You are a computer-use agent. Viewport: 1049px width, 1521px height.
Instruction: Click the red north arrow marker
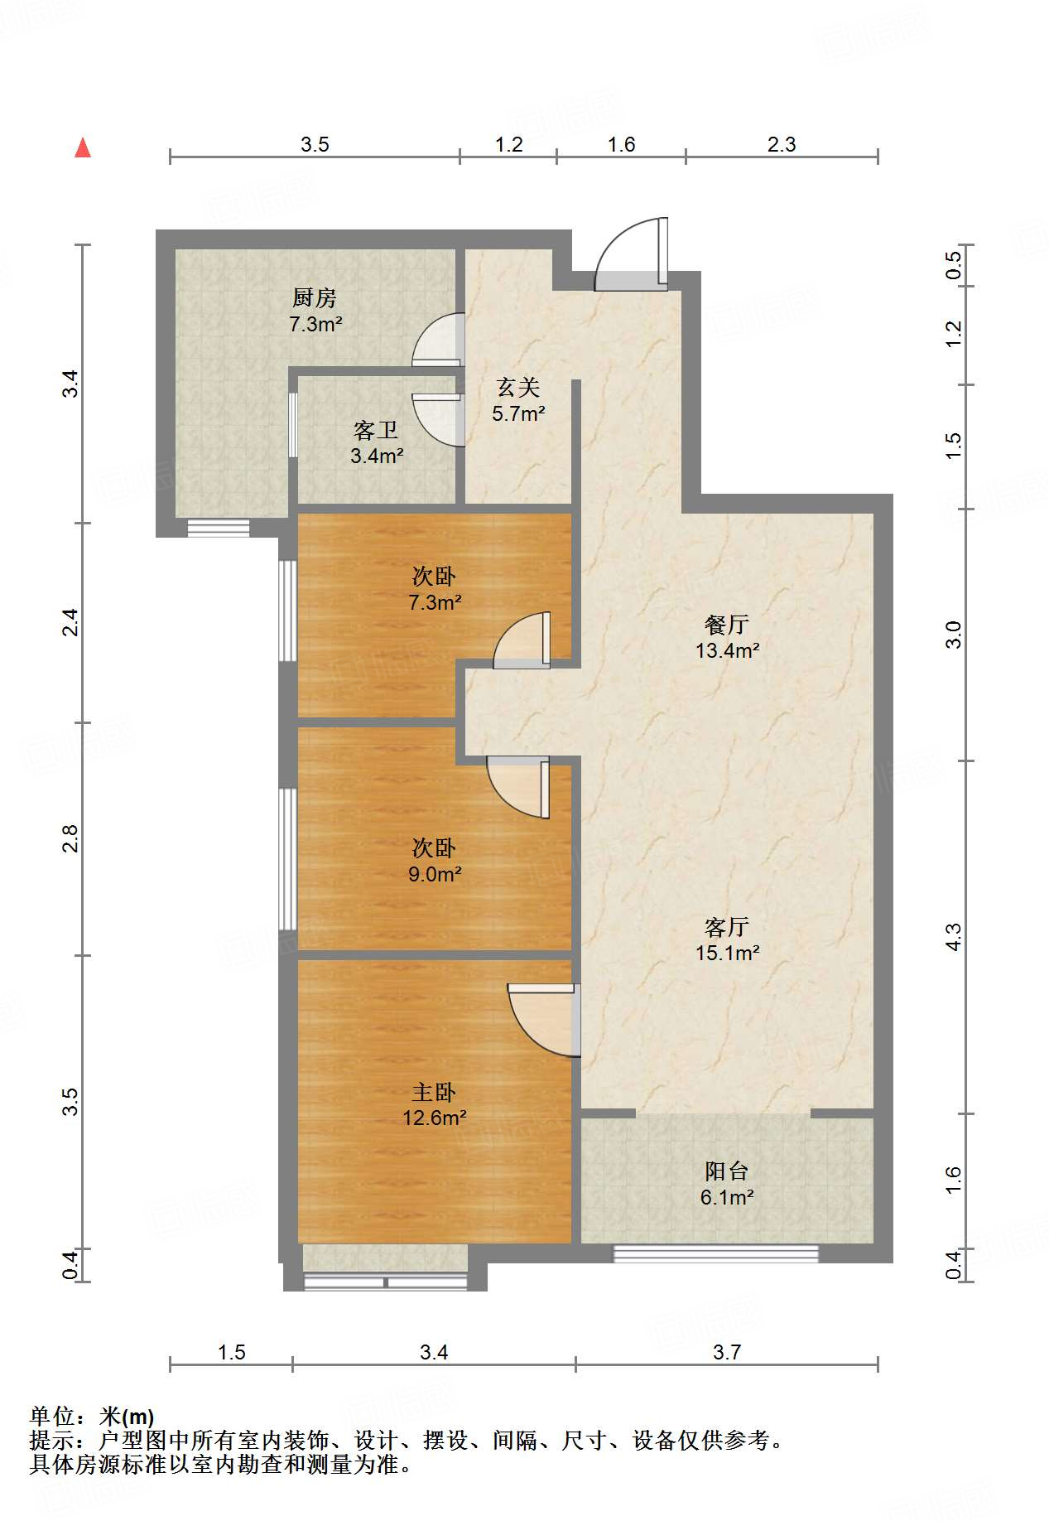tap(83, 147)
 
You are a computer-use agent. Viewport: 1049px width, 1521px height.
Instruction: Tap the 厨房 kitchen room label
tap(315, 297)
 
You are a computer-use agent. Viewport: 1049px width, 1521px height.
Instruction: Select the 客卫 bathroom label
tap(376, 430)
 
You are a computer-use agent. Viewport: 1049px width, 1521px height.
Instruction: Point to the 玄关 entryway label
tap(518, 387)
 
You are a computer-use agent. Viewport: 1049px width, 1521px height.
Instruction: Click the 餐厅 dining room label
tap(727, 624)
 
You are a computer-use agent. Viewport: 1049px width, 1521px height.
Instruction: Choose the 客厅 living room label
tap(727, 926)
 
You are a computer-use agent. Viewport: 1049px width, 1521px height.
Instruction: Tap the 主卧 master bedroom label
tap(434, 1092)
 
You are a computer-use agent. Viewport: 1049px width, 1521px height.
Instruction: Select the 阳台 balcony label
tap(727, 1171)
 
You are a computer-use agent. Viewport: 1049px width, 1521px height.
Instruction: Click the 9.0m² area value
tap(435, 874)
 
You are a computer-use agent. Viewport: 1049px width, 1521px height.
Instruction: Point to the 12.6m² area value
tap(435, 1118)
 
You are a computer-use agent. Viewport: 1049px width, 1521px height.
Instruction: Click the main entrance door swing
tap(631, 254)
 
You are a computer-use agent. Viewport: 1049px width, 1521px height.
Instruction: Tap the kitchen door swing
tap(438, 339)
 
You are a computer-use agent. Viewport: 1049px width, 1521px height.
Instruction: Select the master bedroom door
tap(543, 1020)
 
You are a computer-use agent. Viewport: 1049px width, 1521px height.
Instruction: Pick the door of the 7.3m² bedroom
tap(522, 640)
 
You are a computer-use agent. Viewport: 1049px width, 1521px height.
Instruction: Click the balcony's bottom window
tap(715, 1253)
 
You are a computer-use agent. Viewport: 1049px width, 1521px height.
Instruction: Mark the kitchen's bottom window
tap(218, 528)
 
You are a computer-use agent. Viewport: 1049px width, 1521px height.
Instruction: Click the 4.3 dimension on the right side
tap(954, 937)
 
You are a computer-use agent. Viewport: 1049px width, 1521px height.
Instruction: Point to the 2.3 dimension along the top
tap(782, 145)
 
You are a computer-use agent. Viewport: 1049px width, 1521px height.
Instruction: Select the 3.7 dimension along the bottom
tap(727, 1353)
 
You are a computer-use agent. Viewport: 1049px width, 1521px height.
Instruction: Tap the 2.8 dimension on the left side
tap(70, 838)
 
